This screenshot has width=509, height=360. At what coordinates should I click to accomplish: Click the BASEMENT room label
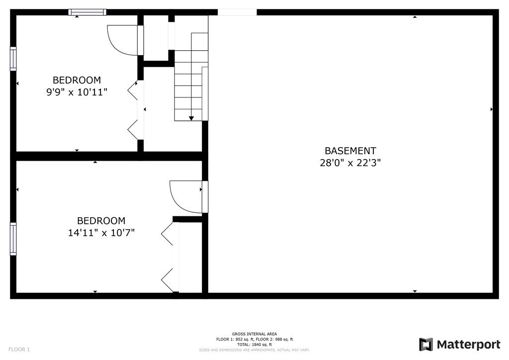coord(350,151)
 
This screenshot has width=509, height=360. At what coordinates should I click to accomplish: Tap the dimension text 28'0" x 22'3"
coord(350,163)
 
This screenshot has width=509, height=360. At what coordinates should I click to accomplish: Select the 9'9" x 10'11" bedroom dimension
coord(77,92)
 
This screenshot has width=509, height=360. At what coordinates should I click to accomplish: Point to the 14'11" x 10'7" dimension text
coord(101,233)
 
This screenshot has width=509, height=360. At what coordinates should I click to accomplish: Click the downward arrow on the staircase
coord(191,117)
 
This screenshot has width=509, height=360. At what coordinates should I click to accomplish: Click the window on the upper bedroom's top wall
coord(87,12)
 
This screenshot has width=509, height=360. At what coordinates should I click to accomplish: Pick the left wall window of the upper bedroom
coord(13,59)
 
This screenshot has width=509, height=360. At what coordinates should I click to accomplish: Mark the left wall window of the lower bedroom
coord(13,239)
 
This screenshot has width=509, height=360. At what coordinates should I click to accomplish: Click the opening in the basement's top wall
coord(237,12)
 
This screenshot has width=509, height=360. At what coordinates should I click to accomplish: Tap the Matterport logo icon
coord(426,345)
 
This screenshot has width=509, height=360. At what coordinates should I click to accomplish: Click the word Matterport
coord(468,345)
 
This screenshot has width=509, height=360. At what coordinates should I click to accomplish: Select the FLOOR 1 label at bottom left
coord(19,350)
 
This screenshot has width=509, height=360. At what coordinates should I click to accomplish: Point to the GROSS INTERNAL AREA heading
coord(254,334)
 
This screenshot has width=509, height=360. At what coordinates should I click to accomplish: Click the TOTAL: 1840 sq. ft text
coord(254,344)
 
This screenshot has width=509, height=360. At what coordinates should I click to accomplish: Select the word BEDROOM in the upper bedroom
coord(77,80)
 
